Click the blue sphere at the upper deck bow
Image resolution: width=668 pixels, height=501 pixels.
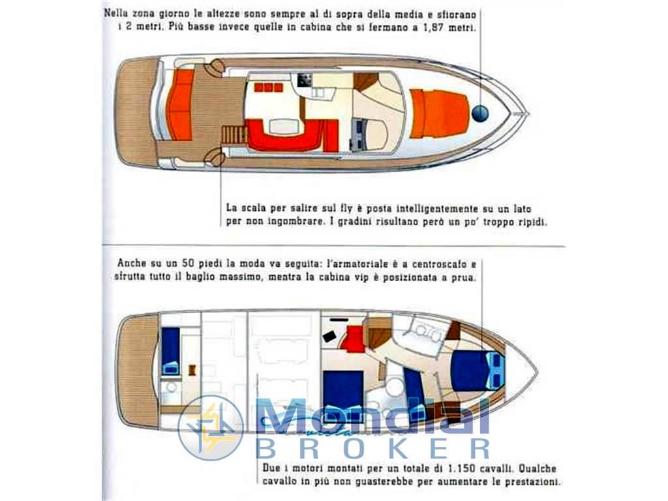click(x=480, y=114)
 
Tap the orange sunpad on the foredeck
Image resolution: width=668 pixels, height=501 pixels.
click(x=439, y=114)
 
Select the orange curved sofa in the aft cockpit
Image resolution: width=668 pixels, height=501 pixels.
click(x=181, y=105)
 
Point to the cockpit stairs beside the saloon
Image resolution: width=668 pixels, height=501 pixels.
click(x=234, y=134)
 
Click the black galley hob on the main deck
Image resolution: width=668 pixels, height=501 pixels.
click(x=305, y=79)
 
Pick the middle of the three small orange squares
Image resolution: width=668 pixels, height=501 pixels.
click(x=268, y=88)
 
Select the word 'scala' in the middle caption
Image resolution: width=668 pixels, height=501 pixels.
click(x=254, y=208)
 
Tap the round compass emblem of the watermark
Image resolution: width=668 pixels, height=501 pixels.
click(x=211, y=428)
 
